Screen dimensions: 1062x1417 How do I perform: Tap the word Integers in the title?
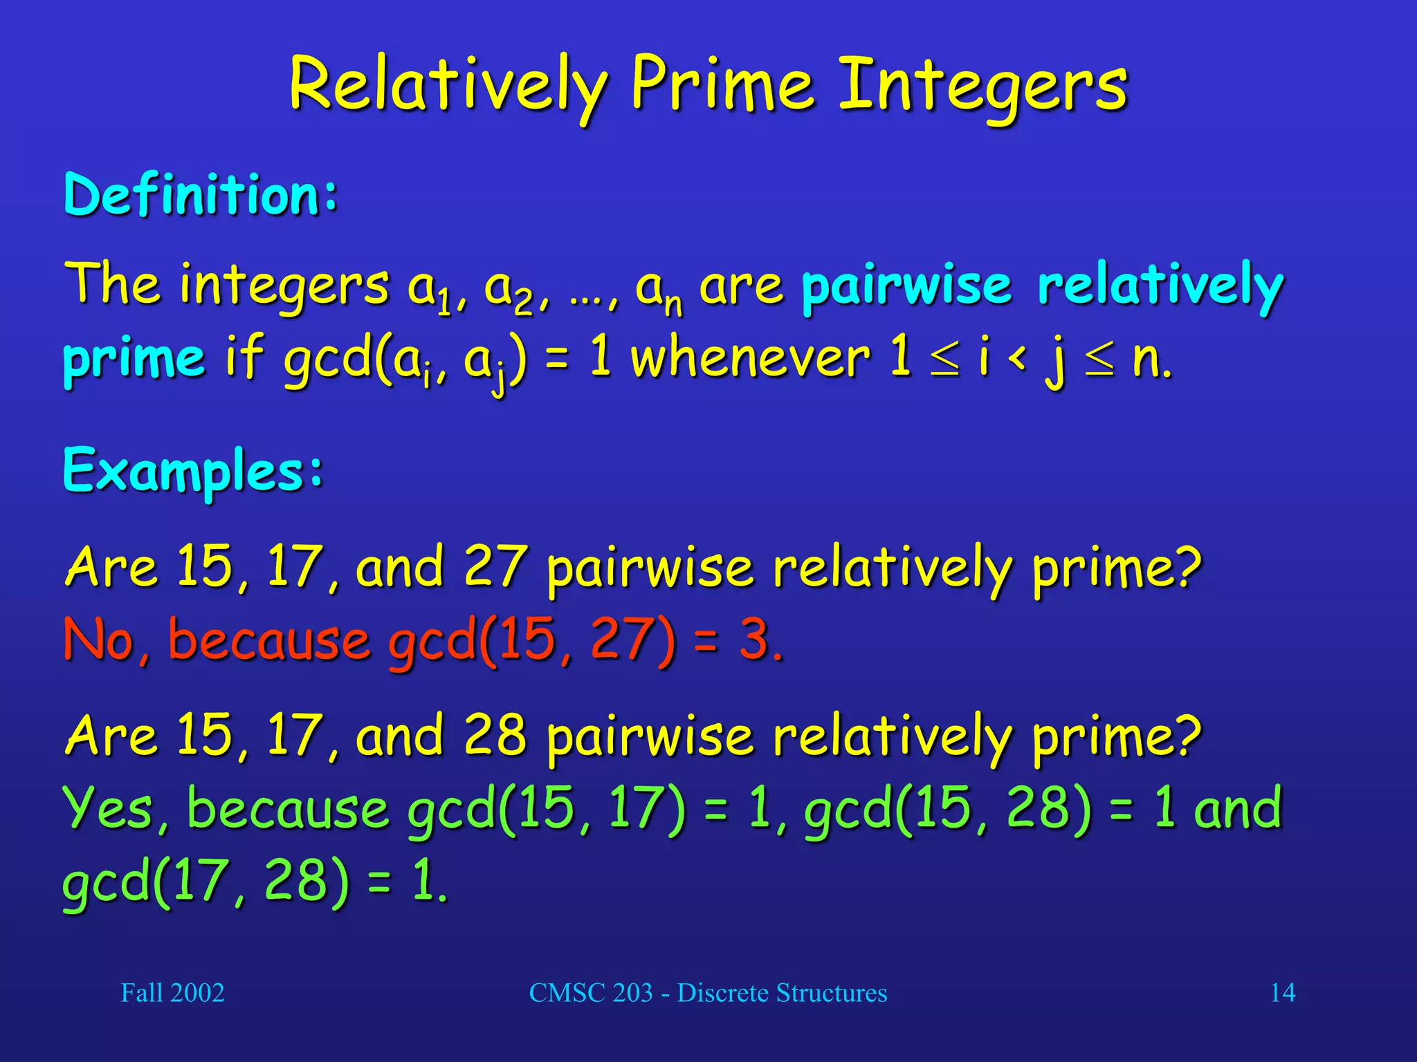tap(983, 86)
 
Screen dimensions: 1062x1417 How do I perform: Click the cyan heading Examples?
tap(193, 471)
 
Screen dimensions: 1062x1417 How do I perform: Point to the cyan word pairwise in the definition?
tap(906, 286)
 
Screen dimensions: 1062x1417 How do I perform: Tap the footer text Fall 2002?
tap(172, 993)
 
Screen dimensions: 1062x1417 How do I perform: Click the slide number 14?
tap(1282, 993)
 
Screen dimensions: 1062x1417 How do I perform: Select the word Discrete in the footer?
tap(722, 993)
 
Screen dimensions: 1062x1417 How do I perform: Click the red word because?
tap(268, 640)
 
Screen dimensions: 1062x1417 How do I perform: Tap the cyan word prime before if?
tap(134, 360)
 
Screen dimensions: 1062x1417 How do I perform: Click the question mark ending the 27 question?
tap(1187, 565)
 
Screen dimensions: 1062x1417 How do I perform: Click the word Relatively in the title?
tap(448, 86)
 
